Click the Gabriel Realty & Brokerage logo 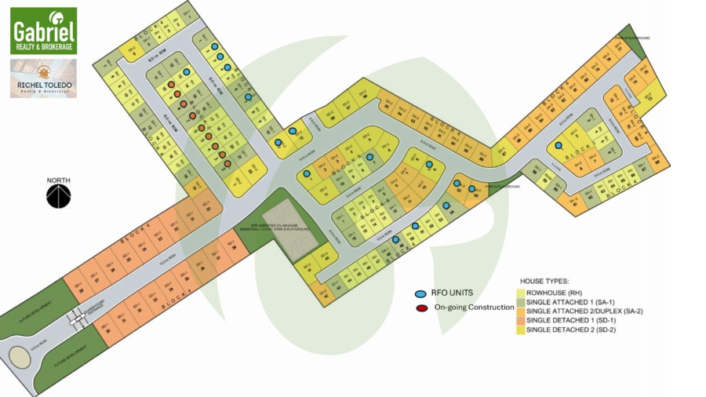(x=43, y=31)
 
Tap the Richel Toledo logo (x=43, y=78)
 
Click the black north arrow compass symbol (x=58, y=196)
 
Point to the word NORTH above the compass (x=58, y=180)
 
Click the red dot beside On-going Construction (x=422, y=308)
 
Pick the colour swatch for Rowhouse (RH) (x=520, y=291)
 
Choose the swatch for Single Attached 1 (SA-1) (x=520, y=300)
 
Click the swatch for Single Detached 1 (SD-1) (x=520, y=321)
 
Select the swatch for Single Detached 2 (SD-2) (x=520, y=330)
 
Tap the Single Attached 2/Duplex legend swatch (x=520, y=311)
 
